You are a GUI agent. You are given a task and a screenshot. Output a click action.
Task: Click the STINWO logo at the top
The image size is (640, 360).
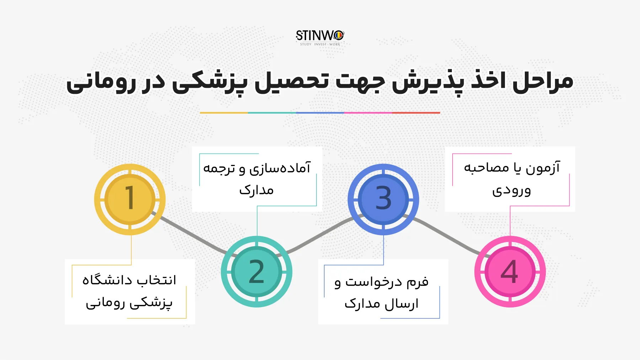(x=320, y=37)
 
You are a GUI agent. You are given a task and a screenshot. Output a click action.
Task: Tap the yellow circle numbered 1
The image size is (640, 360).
(x=130, y=199)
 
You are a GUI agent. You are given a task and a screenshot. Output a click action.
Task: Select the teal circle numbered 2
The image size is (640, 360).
(x=256, y=272)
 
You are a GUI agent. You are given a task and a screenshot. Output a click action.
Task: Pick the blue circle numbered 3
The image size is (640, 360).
(x=383, y=199)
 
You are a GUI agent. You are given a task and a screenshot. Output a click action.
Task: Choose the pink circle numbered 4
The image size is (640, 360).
(x=510, y=272)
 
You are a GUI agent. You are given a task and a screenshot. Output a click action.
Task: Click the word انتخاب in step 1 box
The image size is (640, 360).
(x=156, y=280)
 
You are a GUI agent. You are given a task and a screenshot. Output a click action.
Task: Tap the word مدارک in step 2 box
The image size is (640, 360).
(x=256, y=190)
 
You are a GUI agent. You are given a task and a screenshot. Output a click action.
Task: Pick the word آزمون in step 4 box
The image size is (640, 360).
(x=543, y=168)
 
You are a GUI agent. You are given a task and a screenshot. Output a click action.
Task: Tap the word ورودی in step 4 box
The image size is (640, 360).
(x=511, y=191)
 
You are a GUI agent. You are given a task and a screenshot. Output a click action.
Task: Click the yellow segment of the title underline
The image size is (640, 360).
(x=224, y=113)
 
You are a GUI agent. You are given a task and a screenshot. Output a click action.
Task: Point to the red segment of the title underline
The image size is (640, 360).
(x=416, y=113)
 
